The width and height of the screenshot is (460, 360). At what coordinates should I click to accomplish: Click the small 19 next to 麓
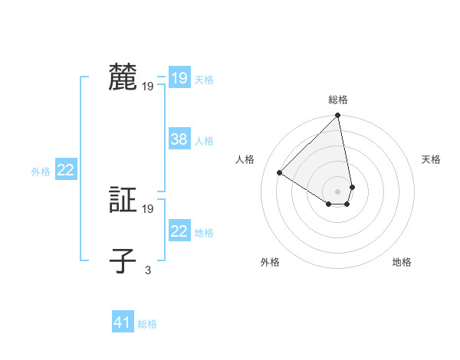point(148,87)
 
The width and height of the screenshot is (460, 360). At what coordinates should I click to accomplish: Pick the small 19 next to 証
point(148,208)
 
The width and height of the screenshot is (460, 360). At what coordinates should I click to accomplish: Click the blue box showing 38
point(179,139)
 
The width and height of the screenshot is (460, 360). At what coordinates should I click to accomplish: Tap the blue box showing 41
point(123,322)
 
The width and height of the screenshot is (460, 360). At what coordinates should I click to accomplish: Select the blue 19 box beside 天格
point(179,78)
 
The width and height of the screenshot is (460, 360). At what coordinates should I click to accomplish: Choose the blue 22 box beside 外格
point(65,170)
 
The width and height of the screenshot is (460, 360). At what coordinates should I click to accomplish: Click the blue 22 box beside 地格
point(179,231)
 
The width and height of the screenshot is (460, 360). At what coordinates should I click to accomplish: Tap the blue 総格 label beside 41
point(147,324)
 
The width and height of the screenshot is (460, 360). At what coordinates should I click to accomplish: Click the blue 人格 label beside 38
point(204,141)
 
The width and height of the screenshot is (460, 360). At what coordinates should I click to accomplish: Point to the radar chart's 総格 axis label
point(338,100)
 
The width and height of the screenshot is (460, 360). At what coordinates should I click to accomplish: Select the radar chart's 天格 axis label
point(431,159)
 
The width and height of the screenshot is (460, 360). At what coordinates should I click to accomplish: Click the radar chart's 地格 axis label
point(402,262)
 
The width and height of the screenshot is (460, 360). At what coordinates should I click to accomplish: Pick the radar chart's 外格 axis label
point(270,262)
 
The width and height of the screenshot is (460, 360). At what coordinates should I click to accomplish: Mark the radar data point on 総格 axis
point(338,116)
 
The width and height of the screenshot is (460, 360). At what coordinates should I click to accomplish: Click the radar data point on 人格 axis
point(280,173)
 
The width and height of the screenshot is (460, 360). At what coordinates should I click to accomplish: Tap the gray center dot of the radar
point(338,191)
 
